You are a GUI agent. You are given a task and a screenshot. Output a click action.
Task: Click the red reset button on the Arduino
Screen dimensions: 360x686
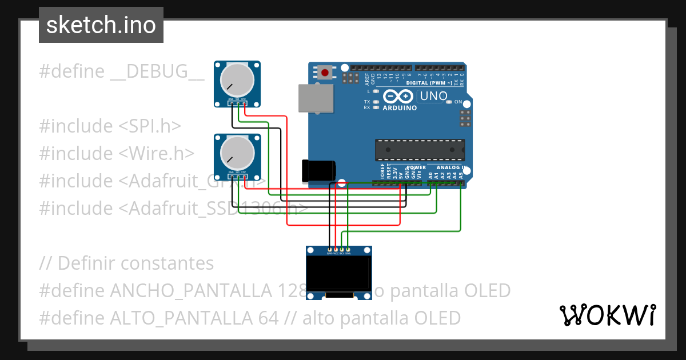click(x=325, y=73)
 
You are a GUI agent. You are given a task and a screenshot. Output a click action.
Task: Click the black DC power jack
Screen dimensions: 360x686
click(x=318, y=170)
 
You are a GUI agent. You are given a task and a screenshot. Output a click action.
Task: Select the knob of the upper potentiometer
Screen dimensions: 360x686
click(x=237, y=80)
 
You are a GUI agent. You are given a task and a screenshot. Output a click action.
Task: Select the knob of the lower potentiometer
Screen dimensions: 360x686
click(x=237, y=153)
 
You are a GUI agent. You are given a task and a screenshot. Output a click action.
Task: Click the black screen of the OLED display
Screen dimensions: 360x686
click(x=338, y=273)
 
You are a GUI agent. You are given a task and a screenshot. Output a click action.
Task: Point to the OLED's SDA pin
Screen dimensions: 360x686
click(x=348, y=250)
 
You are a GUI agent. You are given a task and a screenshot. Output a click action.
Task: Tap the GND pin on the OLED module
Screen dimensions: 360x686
click(x=329, y=250)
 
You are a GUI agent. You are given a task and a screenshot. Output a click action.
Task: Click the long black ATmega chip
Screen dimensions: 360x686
click(x=419, y=150)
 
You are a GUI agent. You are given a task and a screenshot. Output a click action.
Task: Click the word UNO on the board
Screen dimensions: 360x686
click(x=433, y=96)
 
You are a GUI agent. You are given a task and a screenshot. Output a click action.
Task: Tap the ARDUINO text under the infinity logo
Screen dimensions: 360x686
click(x=400, y=107)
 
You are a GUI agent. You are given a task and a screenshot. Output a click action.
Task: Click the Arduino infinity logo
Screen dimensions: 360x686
click(x=399, y=96)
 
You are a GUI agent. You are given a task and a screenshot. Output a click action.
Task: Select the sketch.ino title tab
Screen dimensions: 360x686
click(x=101, y=25)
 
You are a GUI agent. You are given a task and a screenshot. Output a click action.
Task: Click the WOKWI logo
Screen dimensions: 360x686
click(x=607, y=315)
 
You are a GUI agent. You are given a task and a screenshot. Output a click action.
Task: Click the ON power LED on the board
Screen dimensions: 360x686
click(x=449, y=102)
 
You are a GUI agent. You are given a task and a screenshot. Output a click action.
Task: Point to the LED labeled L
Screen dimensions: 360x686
click(x=375, y=91)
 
